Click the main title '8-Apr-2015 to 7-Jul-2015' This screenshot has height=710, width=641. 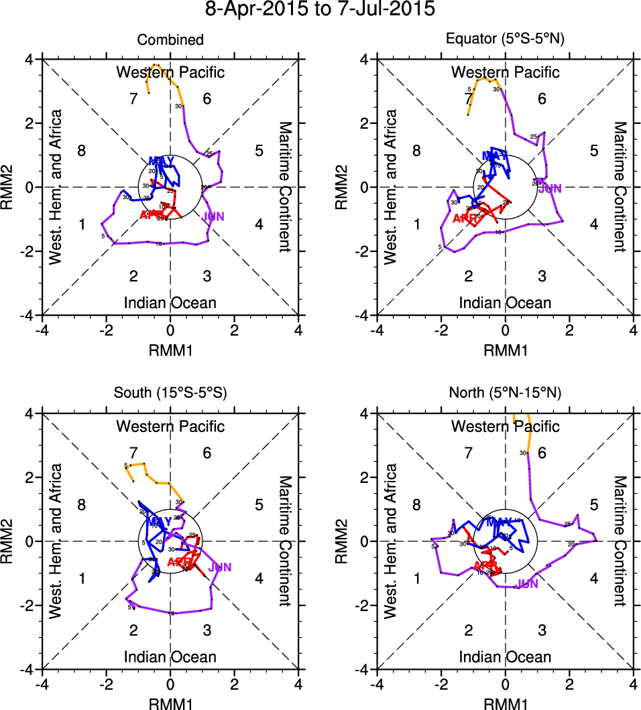tap(320, 10)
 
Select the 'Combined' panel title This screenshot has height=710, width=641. tap(170, 40)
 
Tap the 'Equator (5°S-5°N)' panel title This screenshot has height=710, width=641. tap(506, 40)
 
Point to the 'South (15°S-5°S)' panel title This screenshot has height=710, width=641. tap(170, 394)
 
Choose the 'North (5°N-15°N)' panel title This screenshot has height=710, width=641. tap(506, 394)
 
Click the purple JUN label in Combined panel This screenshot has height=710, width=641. tap(213, 216)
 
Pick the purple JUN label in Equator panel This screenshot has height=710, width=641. tap(550, 189)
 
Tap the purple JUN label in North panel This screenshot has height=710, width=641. tap(527, 583)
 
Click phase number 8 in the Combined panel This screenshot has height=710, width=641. tap(81, 150)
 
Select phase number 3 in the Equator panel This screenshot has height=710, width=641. tap(542, 276)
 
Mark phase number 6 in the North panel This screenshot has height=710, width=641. tap(542, 453)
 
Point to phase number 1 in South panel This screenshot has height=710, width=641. tap(81, 579)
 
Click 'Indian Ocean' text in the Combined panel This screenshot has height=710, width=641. tap(170, 303)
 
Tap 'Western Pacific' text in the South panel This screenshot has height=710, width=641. tap(170, 426)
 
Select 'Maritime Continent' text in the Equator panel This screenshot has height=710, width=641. tap(620, 187)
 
